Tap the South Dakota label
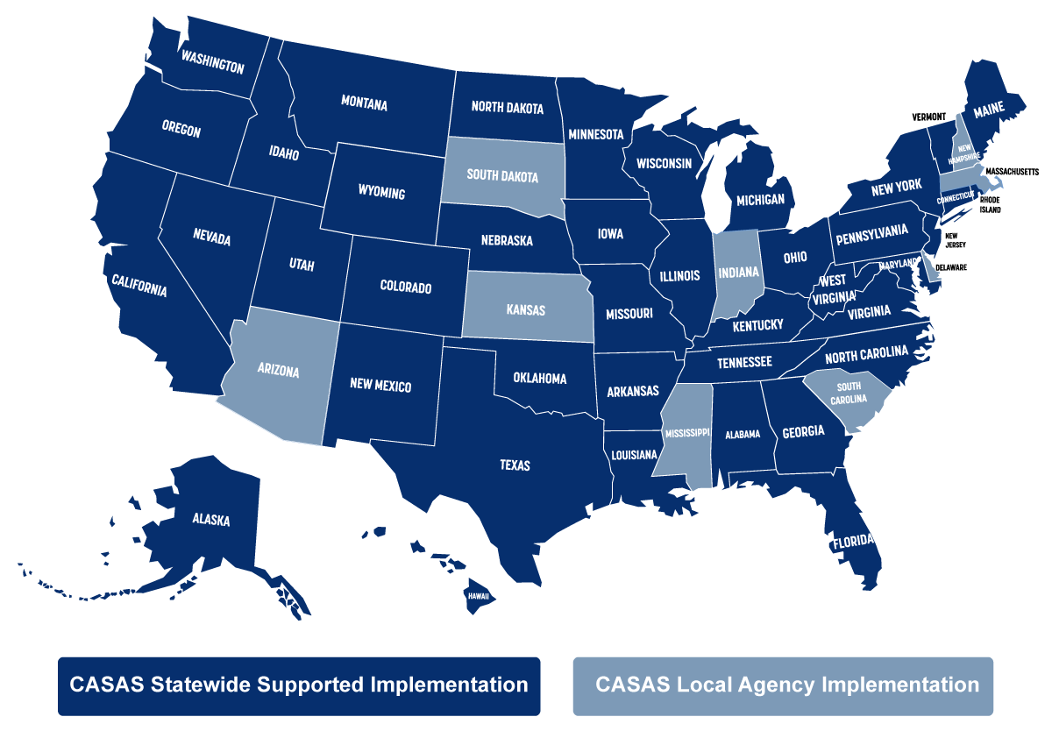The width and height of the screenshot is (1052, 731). click(502, 174)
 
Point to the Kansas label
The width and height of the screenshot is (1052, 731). click(526, 309)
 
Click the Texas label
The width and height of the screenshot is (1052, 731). click(515, 465)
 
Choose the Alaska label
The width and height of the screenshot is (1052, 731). click(211, 520)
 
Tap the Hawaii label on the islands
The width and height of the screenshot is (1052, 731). click(479, 595)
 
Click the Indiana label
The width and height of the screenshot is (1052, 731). click(737, 272)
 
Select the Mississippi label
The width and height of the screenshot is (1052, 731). click(686, 434)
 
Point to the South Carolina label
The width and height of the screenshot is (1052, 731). click(849, 393)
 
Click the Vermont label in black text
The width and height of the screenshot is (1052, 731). click(928, 117)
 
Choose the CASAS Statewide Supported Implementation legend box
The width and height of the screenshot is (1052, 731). click(299, 685)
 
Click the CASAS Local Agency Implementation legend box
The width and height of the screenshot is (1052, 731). click(783, 685)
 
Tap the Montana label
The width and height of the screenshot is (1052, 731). click(364, 103)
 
